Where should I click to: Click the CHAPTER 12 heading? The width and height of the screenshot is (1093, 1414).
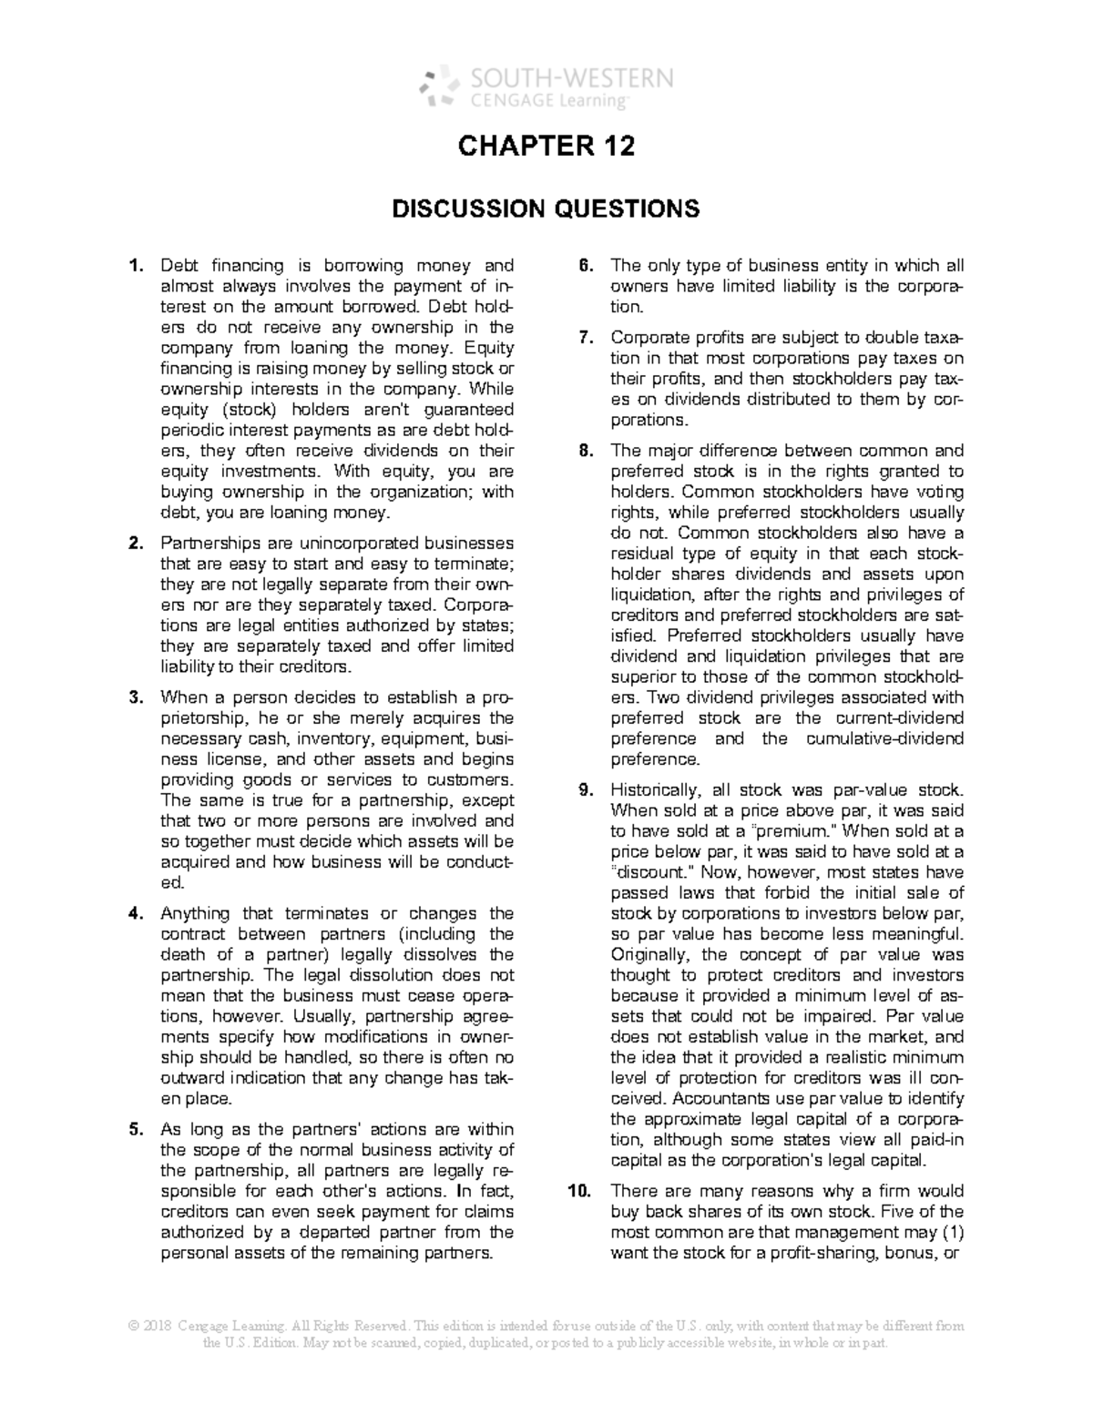pos(546,147)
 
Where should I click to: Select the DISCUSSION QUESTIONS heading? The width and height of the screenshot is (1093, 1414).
pos(546,209)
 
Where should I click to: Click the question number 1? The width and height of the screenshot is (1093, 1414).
pos(136,266)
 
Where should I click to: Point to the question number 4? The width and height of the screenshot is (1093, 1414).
pos(136,913)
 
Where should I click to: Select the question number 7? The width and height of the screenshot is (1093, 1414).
pos(587,338)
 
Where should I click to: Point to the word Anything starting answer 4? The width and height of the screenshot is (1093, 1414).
pos(193,913)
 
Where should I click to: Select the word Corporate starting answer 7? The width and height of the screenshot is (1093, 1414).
pos(652,338)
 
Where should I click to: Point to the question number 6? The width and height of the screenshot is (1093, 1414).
pos(587,266)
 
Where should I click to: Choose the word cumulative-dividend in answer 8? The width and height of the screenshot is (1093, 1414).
pos(885,738)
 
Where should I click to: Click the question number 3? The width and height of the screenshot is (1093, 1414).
pos(136,697)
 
